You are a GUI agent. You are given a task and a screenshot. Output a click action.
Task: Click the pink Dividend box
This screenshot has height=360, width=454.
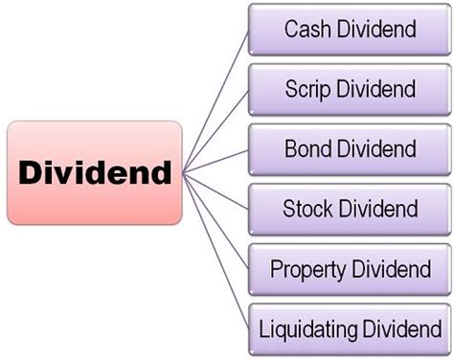click(94, 172)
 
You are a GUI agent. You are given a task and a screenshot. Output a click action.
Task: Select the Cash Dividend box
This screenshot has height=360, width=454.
click(350, 29)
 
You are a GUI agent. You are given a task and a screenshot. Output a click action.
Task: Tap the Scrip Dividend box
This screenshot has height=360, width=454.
click(350, 89)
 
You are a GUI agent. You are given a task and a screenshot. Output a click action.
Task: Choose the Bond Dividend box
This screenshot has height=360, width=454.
click(350, 148)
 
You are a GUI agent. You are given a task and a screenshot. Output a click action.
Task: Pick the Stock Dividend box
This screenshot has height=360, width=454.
click(350, 209)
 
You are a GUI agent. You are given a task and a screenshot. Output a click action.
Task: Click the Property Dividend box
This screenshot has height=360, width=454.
click(350, 269)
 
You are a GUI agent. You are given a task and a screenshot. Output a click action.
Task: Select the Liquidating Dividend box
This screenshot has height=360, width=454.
click(350, 329)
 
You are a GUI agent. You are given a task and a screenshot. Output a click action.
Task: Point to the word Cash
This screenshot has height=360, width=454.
click(306, 29)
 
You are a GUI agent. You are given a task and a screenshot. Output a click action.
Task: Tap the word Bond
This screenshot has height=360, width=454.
click(306, 149)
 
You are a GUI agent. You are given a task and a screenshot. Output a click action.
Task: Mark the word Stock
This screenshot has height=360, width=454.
click(306, 209)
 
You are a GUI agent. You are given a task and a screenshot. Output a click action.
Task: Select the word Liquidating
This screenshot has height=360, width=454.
click(304, 330)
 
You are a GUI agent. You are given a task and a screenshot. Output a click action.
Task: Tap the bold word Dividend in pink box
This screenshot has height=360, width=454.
click(94, 173)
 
